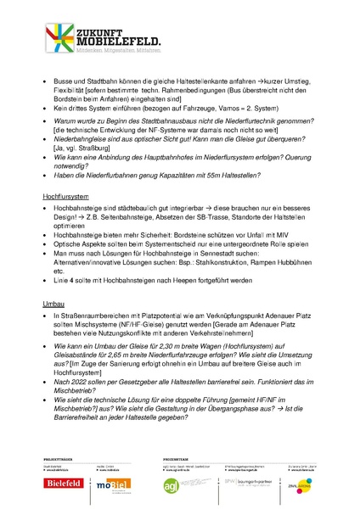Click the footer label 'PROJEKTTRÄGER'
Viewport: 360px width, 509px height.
point(59,459)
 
